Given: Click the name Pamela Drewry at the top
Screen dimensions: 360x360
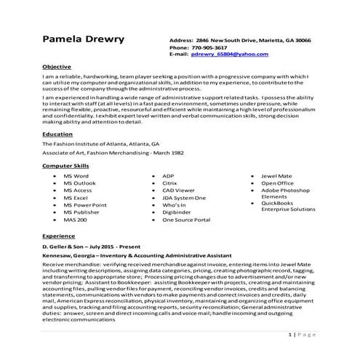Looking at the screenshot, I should pyautogui.click(x=84, y=39).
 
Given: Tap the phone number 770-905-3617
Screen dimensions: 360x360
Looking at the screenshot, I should pyautogui.click(x=215, y=47).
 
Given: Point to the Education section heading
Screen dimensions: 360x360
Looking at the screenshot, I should pyautogui.click(x=58, y=135).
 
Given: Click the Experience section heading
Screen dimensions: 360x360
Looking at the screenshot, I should pyautogui.click(x=59, y=237).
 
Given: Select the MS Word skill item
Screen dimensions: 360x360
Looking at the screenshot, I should pyautogui.click(x=76, y=177).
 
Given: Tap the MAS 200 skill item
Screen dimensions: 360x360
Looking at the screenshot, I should pyautogui.click(x=75, y=219).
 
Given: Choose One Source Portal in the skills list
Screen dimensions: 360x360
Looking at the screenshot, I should pyautogui.click(x=186, y=219).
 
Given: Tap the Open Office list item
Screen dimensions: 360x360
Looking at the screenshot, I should pyautogui.click(x=277, y=184).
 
